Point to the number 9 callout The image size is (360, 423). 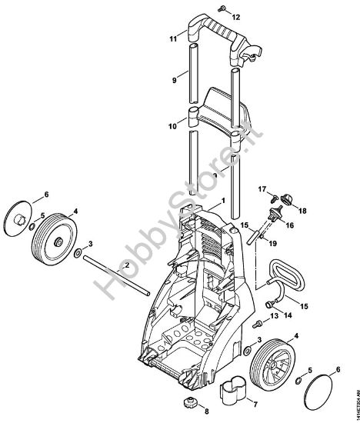click(174, 79)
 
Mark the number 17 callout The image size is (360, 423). click(261, 189)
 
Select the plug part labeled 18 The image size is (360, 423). click(291, 200)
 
